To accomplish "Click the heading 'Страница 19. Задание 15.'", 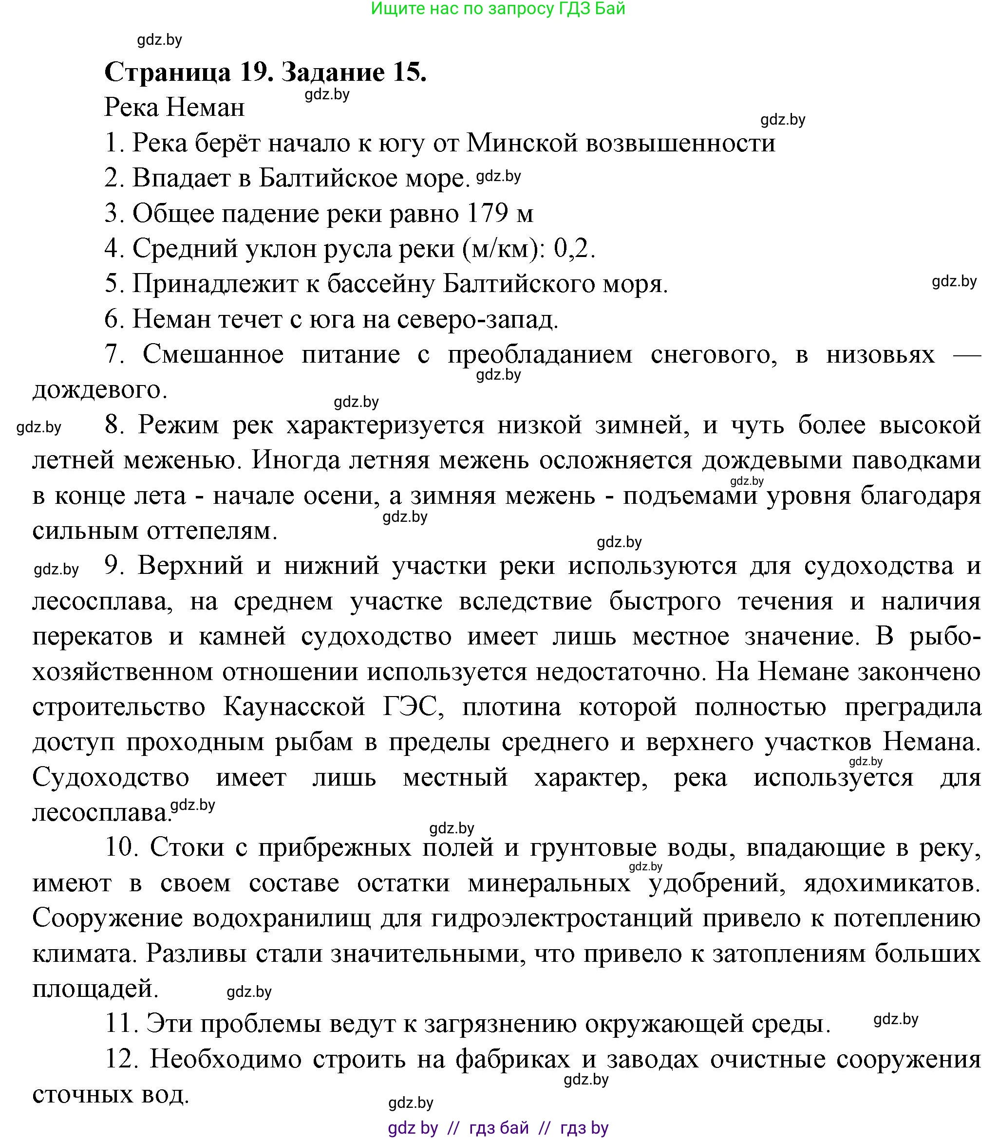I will pos(265,73).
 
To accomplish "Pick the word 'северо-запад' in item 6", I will pos(477,319).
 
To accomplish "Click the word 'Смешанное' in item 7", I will pos(213,354).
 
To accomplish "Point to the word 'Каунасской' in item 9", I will pos(294,707).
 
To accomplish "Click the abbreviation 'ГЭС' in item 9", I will pos(413,707).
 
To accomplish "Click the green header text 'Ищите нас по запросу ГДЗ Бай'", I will pos(498,8).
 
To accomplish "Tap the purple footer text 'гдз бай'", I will pos(499,1128).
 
